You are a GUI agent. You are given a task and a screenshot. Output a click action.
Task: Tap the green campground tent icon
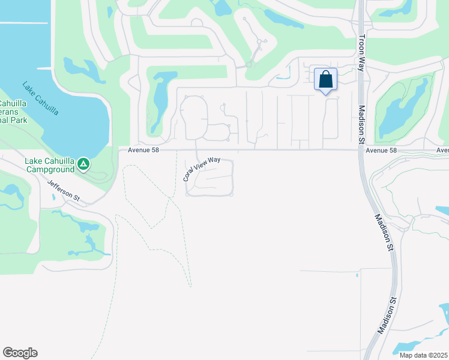point(83,163)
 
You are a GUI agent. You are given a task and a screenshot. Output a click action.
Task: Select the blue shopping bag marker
point(325,79)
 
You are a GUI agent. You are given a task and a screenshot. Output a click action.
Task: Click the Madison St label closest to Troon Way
point(362,125)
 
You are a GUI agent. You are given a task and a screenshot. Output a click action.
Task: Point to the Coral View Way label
point(201,169)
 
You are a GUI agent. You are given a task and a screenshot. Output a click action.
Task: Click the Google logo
point(20,353)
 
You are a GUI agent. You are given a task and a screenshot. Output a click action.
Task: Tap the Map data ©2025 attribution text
point(423,355)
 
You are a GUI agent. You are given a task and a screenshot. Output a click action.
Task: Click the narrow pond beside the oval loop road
point(159,102)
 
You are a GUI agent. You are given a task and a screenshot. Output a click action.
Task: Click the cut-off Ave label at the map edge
point(442,150)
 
